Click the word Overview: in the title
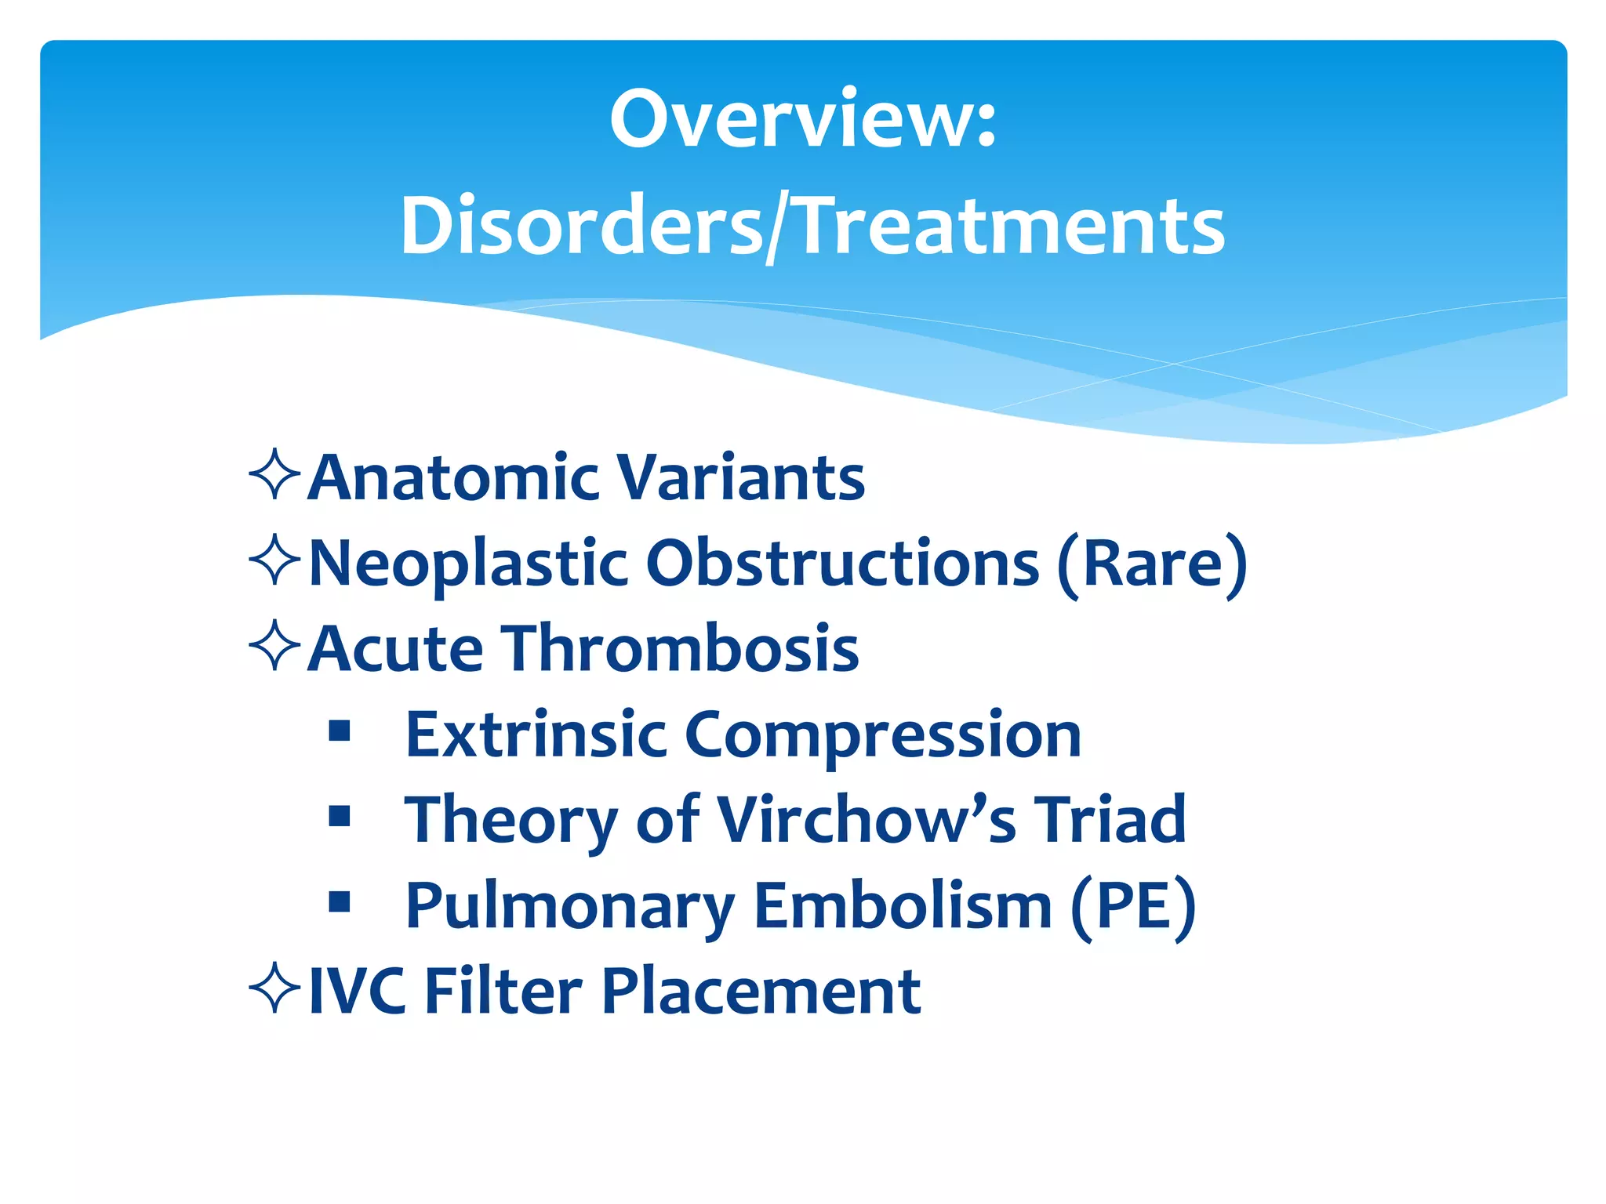[803, 119]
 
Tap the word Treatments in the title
[1012, 227]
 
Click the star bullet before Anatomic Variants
[274, 475]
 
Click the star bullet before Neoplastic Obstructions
[274, 560]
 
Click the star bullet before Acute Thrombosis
[274, 646]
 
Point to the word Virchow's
[867, 820]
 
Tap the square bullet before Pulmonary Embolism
[340, 902]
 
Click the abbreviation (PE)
[1133, 906]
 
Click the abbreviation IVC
[358, 992]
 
